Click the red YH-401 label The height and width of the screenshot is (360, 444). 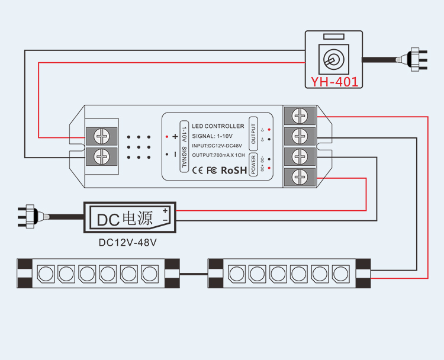point(335,82)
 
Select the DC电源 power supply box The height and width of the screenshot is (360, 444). point(130,218)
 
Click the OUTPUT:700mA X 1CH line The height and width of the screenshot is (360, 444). point(218,155)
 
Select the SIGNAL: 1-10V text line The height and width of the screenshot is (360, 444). point(213,136)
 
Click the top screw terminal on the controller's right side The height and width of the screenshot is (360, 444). point(302,116)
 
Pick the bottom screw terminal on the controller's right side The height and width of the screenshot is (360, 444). point(302,176)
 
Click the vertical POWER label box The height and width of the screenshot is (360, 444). point(253,164)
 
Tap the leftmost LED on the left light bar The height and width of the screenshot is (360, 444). point(46,274)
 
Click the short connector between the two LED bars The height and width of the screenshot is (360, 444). point(193,274)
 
